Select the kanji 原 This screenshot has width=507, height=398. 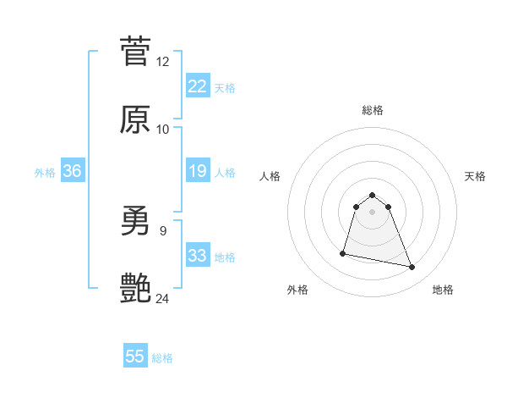click(135, 119)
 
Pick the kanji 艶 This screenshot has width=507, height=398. click(135, 289)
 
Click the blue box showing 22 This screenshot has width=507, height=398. click(198, 86)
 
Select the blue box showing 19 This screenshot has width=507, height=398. click(198, 171)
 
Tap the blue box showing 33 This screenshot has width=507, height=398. click(198, 256)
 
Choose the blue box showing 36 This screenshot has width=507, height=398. click(72, 171)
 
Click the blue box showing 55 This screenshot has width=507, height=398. click(135, 357)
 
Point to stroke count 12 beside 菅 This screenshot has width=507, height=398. click(163, 62)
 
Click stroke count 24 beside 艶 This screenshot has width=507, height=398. click(163, 298)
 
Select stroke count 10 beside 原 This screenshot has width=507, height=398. click(163, 130)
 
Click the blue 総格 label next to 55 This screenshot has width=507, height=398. click(162, 358)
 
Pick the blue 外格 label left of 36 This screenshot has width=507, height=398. click(45, 172)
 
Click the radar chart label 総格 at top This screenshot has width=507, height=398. click(373, 110)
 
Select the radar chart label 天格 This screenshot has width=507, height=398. click(476, 176)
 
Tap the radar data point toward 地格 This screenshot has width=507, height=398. click(412, 268)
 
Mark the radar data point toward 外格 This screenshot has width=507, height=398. click(343, 252)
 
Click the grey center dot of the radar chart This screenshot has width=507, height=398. click(373, 212)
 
